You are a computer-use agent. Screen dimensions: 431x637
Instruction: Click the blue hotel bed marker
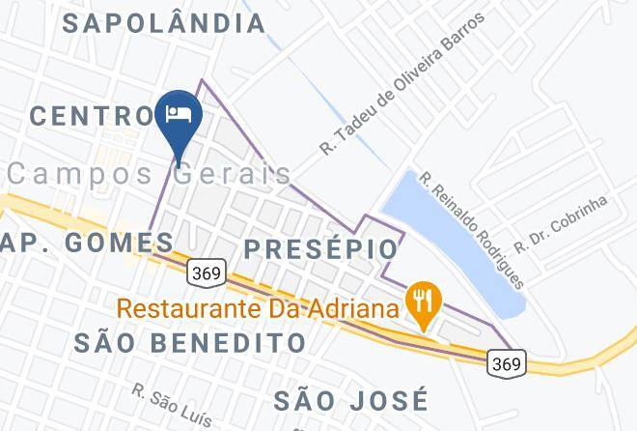click(x=180, y=115)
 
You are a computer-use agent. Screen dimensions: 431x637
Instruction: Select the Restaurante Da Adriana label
click(x=259, y=311)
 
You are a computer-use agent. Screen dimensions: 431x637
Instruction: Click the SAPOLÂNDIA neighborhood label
click(x=164, y=23)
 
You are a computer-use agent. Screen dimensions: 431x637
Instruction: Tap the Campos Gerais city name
click(x=150, y=174)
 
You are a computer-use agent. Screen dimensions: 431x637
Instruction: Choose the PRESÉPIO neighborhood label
click(x=320, y=249)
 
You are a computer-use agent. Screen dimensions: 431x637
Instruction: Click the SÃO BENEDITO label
click(x=190, y=342)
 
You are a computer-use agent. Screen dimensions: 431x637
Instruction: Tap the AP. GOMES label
click(x=87, y=243)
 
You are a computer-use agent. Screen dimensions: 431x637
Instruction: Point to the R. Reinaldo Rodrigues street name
click(x=471, y=229)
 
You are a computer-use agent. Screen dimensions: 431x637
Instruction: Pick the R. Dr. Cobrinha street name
click(x=561, y=224)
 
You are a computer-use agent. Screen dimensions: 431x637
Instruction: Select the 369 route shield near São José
click(x=507, y=363)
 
